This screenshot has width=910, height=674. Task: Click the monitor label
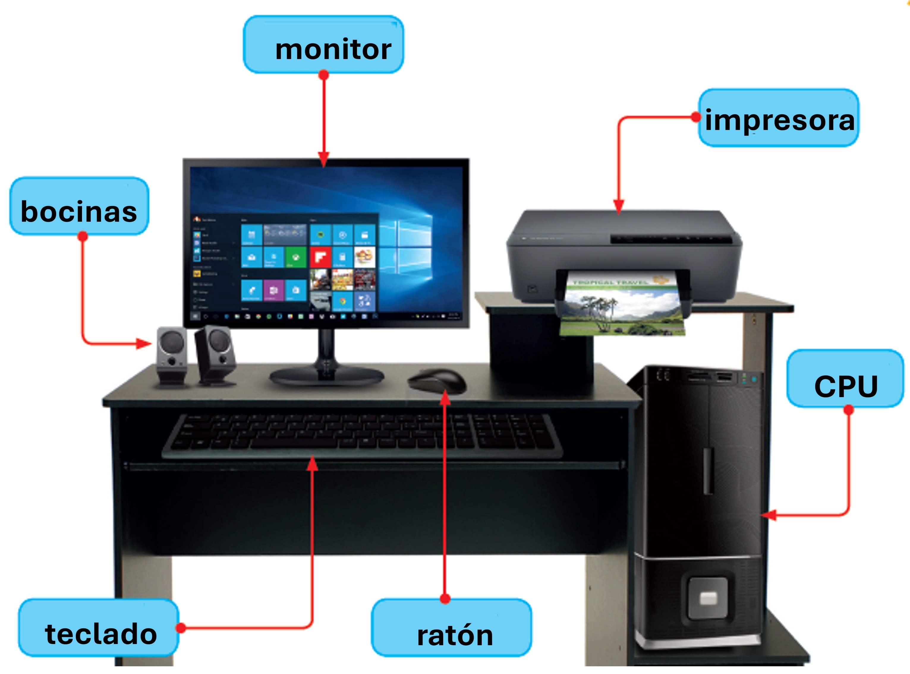[323, 45]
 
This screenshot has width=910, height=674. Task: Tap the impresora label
[778, 118]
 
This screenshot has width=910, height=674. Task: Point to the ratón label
[452, 628]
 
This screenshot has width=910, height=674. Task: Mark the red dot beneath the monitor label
[323, 75]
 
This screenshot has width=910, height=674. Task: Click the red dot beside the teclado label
[181, 628]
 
